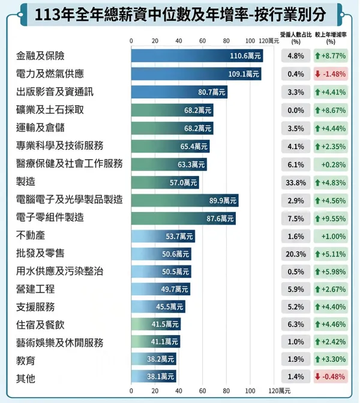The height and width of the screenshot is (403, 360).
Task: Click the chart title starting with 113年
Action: [179, 14]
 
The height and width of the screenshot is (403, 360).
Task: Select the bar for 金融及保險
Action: [197, 56]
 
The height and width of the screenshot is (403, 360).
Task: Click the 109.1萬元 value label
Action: [245, 74]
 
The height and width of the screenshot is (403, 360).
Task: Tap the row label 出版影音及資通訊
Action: [55, 92]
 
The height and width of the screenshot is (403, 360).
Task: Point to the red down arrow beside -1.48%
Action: [317, 74]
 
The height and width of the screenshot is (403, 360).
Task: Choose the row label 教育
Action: [26, 360]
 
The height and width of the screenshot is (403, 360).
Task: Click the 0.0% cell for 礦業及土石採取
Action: [296, 111]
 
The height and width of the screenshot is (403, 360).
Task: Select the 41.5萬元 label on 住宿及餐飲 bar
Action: [165, 324]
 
